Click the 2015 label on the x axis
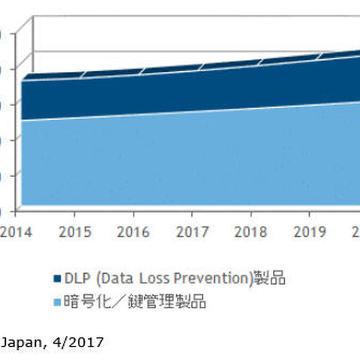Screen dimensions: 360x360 point(75,231)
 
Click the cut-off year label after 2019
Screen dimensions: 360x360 point(355,231)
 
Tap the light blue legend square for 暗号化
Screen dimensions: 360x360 point(57,303)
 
